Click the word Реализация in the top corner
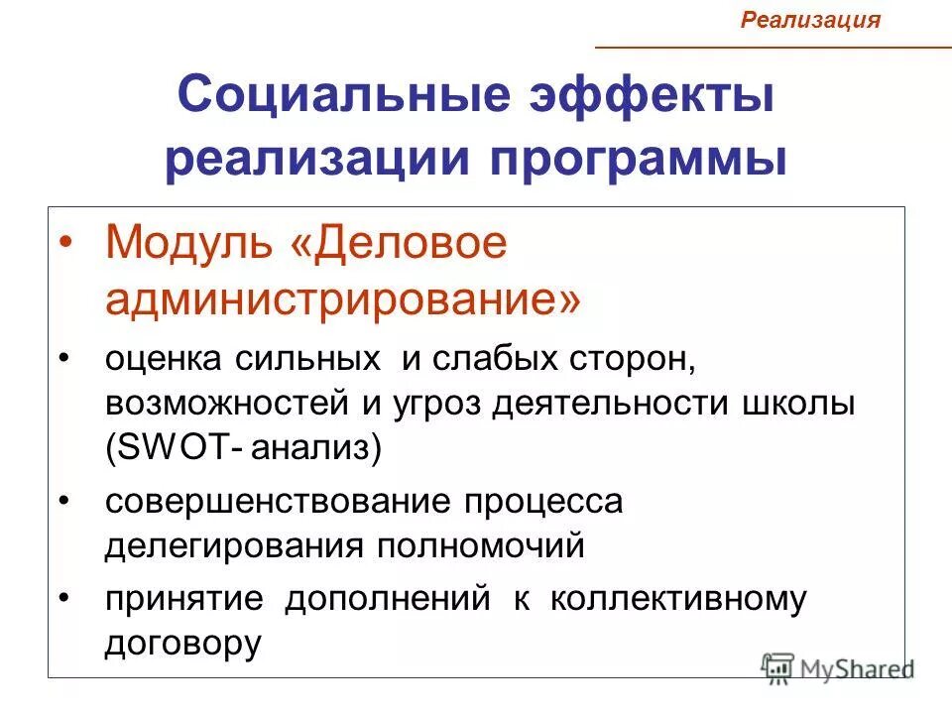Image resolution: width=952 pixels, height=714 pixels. point(811,20)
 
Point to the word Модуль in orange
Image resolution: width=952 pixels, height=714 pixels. point(188,244)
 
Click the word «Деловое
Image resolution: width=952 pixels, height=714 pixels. point(397,244)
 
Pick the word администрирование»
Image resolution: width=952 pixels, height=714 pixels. point(343,298)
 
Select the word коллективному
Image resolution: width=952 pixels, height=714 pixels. point(674,599)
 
